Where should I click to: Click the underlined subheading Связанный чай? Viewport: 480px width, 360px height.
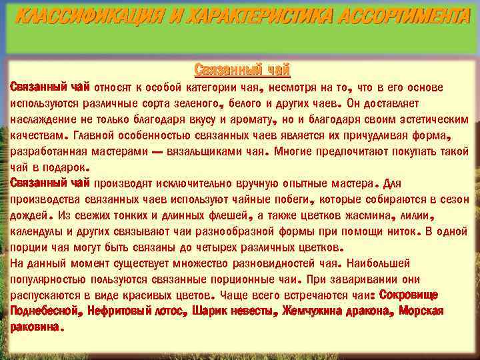coord(243,69)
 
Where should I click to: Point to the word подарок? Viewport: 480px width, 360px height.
coord(64,167)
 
